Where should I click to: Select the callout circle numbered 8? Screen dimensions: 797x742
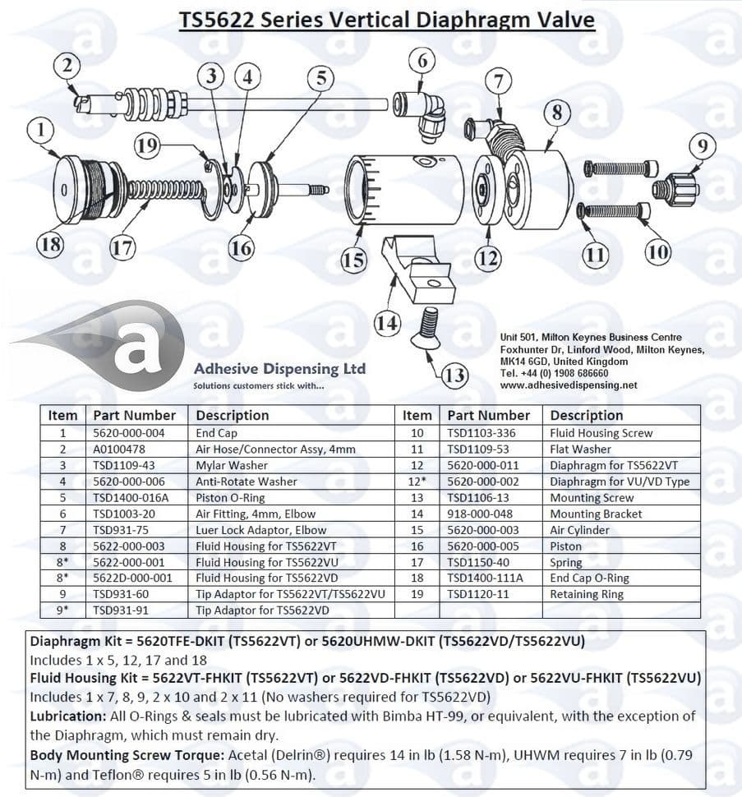(557, 113)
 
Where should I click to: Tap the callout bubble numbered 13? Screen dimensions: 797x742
(454, 376)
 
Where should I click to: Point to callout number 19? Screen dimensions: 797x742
(147, 146)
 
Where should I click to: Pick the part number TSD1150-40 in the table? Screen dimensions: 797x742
(479, 563)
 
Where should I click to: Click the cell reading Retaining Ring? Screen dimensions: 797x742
(587, 594)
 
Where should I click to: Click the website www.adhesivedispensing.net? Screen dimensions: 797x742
(568, 385)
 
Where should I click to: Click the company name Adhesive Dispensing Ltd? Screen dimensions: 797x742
(279, 369)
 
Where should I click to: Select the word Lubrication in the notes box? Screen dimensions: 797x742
(68, 716)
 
